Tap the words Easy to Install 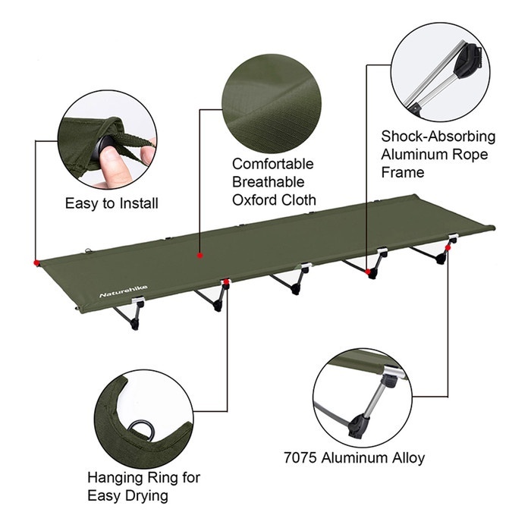point(112,203)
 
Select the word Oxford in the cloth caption point(256,200)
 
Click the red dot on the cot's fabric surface point(200,256)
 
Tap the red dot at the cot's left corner point(37,263)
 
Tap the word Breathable point(268,182)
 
